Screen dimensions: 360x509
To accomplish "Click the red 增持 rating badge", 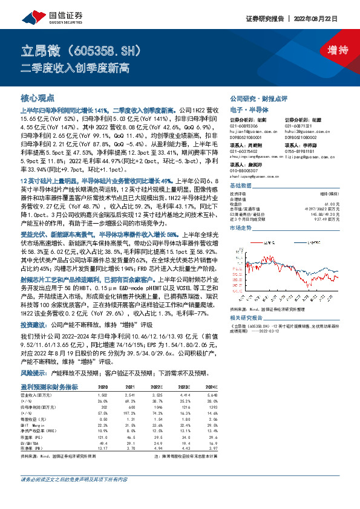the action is coord(329,50).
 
